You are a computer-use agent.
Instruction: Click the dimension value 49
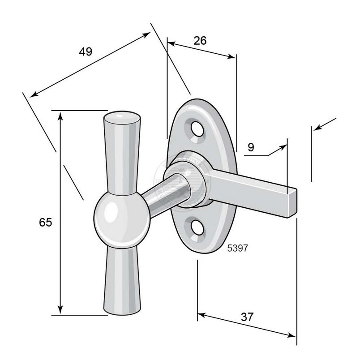[86, 51]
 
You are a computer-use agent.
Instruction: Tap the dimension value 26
[200, 41]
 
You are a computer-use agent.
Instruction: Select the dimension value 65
[46, 222]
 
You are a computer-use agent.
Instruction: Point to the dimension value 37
[247, 317]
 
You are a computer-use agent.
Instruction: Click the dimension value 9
[251, 147]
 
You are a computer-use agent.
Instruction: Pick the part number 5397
[237, 248]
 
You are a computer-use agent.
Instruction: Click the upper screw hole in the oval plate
[197, 129]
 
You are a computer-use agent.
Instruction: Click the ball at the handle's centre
[122, 219]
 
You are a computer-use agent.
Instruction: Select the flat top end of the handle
[122, 118]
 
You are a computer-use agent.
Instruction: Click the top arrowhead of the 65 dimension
[60, 116]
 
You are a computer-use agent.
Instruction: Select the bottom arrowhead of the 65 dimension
[60, 310]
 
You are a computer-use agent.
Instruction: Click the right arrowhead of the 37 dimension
[292, 335]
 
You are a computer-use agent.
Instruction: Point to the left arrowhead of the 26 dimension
[171, 43]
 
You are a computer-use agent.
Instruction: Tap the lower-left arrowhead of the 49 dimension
[34, 94]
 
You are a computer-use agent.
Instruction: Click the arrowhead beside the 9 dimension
[283, 148]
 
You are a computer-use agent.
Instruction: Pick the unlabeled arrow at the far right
[325, 124]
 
